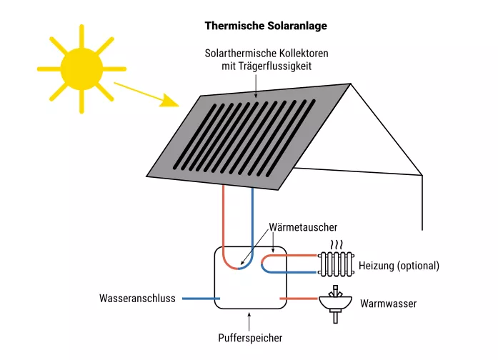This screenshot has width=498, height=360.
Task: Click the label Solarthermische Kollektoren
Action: tap(257, 54)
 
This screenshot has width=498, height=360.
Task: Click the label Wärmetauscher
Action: tap(303, 227)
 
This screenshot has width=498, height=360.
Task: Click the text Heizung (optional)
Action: tap(399, 266)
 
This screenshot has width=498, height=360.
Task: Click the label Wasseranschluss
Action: tap(136, 299)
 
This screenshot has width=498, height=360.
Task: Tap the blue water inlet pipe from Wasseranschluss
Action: tap(200, 299)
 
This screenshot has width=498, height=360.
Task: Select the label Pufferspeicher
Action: tap(249, 337)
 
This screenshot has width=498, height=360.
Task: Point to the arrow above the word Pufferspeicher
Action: tap(249, 319)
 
